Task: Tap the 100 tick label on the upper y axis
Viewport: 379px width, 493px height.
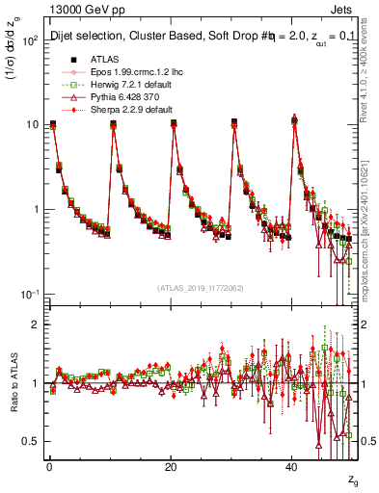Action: click(x=29, y=39)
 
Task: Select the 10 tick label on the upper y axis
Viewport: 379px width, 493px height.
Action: click(x=32, y=124)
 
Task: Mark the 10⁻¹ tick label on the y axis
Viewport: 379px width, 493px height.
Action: click(x=29, y=294)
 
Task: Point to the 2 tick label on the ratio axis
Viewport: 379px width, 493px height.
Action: click(x=35, y=324)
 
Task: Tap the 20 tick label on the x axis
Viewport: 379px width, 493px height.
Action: click(x=171, y=466)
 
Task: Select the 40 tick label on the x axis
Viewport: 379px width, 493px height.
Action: click(x=292, y=466)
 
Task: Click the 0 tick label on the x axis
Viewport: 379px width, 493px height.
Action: click(x=49, y=466)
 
